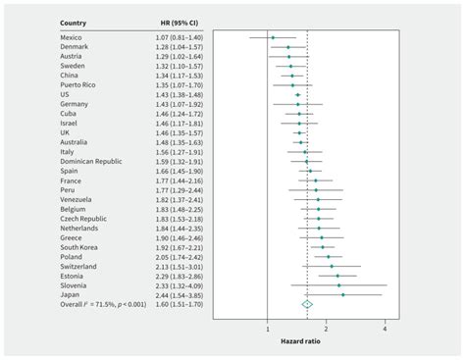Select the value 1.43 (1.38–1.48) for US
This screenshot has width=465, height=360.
tap(181, 94)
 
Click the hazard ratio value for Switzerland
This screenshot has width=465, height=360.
tap(181, 266)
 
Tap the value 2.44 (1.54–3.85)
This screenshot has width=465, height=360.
tap(181, 294)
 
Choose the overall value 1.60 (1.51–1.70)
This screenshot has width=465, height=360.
tap(181, 304)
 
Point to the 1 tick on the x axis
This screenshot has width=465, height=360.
tap(267, 329)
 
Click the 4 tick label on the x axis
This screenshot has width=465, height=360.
tap(386, 329)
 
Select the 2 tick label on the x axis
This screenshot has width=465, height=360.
tap(327, 329)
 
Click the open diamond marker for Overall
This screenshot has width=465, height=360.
tap(307, 304)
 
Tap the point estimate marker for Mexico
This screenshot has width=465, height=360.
tap(273, 37)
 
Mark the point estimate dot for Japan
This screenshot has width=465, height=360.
tap(342, 294)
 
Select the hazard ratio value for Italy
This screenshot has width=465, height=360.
tap(181, 152)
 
